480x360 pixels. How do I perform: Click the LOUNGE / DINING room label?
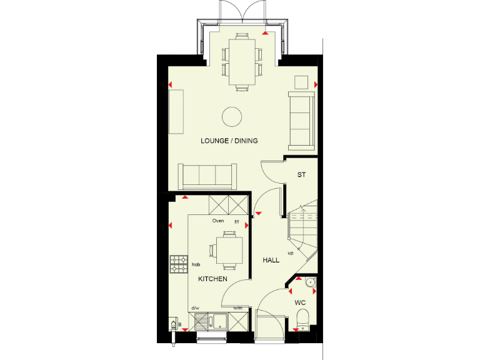click(x=229, y=141)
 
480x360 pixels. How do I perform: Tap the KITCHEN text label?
click(x=212, y=279)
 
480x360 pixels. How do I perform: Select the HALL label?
click(x=271, y=260)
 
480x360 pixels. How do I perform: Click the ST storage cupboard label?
click(x=301, y=175)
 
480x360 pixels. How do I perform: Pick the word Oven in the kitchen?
click(x=217, y=221)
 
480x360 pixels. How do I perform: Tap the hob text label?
click(x=196, y=265)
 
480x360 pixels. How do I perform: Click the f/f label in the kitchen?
click(x=236, y=221)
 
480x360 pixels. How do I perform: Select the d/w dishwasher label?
click(x=195, y=308)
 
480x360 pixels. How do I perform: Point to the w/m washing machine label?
click(x=237, y=308)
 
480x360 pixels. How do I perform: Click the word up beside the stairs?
click(x=291, y=253)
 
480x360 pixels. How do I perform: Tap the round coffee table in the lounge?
click(x=232, y=116)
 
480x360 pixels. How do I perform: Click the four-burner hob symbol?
click(x=179, y=264)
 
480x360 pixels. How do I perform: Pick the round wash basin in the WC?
click(x=310, y=283)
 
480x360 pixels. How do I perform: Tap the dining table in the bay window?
click(x=241, y=62)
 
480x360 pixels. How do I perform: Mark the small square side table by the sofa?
click(x=302, y=82)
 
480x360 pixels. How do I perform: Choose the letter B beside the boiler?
click(x=180, y=326)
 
